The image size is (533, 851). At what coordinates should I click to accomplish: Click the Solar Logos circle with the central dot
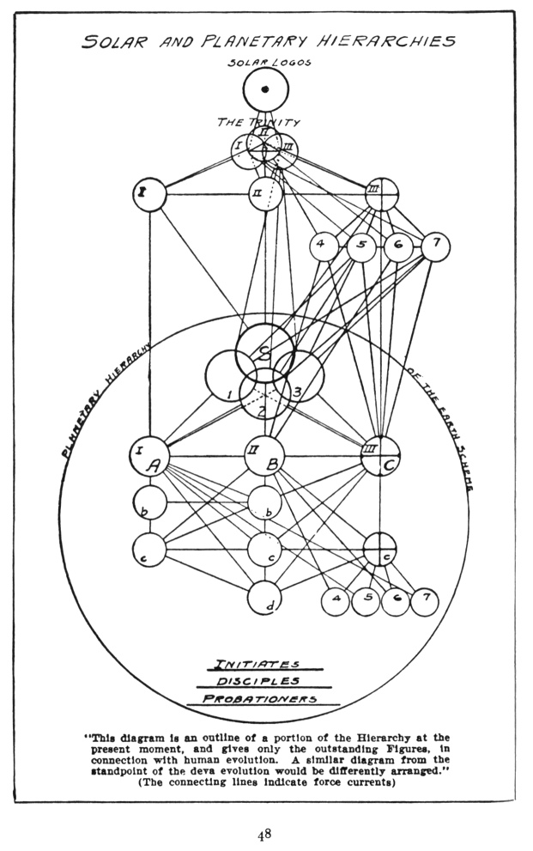(x=265, y=89)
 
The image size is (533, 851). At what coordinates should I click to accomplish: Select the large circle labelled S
(x=264, y=353)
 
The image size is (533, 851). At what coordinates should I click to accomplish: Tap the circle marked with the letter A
(x=149, y=458)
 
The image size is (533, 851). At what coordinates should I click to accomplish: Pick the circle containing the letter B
(x=264, y=458)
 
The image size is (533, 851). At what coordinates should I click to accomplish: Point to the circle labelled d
(x=266, y=599)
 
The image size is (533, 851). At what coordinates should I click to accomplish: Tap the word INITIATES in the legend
(x=257, y=664)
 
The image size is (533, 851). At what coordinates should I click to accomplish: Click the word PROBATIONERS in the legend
(x=260, y=698)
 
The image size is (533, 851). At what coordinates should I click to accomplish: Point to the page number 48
(x=265, y=833)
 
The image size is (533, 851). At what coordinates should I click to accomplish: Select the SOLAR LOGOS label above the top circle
(x=264, y=62)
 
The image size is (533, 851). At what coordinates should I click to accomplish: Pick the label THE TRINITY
(x=258, y=123)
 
